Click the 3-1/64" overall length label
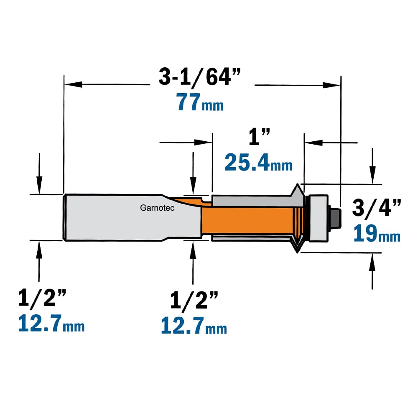coord(200,77)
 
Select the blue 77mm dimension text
coord(200,102)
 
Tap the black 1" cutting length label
coord(259,137)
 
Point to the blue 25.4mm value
coord(258,162)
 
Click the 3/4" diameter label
coord(376,208)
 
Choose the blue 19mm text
coord(377,233)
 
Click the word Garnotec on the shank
coord(157,208)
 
